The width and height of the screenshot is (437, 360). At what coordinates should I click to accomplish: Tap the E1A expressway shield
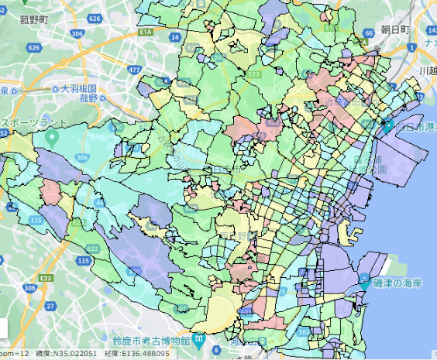tap(145, 33)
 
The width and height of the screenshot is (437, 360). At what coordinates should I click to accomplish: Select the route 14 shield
tap(175, 36)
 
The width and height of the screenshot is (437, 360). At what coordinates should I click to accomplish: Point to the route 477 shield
tap(135, 69)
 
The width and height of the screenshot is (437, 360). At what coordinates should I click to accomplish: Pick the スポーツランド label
tap(30, 123)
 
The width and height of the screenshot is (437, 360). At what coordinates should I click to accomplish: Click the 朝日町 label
tap(394, 29)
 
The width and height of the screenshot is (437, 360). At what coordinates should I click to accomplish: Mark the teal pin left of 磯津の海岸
tap(365, 279)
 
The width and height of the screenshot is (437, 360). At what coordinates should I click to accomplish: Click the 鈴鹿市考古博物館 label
tap(150, 341)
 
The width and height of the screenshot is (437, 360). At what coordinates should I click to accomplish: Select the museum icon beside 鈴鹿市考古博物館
tap(199, 340)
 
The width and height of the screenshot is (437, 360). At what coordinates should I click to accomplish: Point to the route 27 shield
tap(29, 307)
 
